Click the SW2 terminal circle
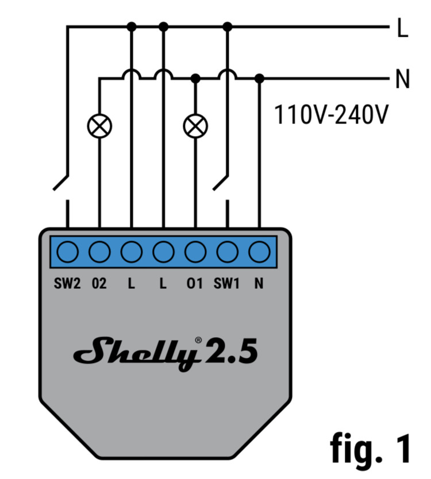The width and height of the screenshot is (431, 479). (x=68, y=252)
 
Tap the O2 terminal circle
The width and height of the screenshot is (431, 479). (x=99, y=252)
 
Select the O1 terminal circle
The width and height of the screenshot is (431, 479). (x=195, y=252)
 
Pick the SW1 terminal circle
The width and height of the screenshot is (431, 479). (x=228, y=252)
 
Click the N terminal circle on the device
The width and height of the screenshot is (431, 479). (x=259, y=252)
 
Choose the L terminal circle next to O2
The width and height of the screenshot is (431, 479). (x=132, y=252)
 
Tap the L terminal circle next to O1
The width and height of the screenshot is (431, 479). (x=164, y=252)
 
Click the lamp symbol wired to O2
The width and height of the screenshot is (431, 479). (x=99, y=126)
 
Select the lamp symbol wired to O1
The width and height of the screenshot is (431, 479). (x=195, y=126)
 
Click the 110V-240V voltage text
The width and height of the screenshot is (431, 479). (x=331, y=115)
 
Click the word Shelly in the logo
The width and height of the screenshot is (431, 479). (x=135, y=354)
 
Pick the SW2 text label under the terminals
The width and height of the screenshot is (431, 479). (x=68, y=283)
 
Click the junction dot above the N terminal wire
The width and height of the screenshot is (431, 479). (x=259, y=78)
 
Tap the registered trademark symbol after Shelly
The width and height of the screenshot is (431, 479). (x=199, y=340)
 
